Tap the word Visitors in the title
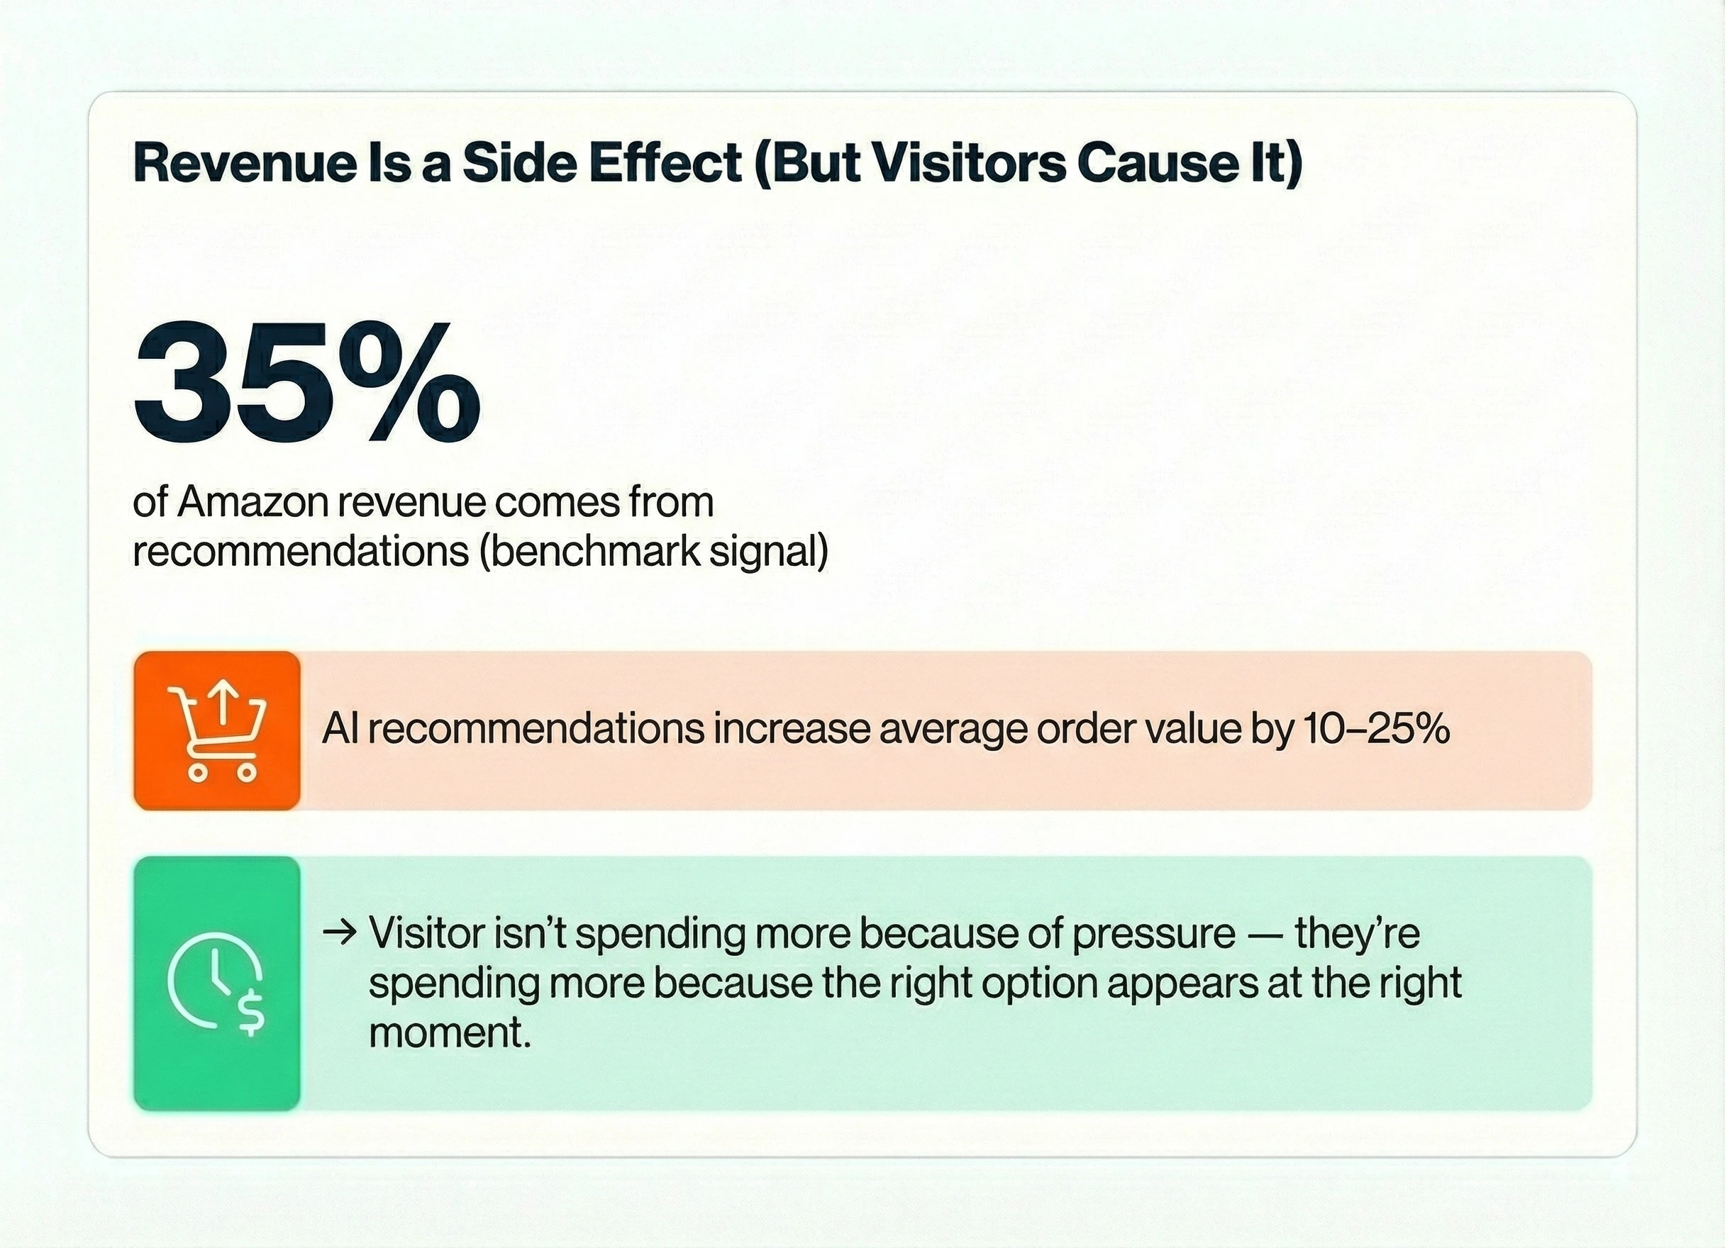(968, 163)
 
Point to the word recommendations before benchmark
(301, 552)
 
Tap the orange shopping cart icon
(217, 731)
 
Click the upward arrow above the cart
(223, 703)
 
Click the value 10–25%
(1376, 728)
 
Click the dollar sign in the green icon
(250, 1015)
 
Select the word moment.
(450, 1032)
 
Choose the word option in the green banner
(1039, 984)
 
